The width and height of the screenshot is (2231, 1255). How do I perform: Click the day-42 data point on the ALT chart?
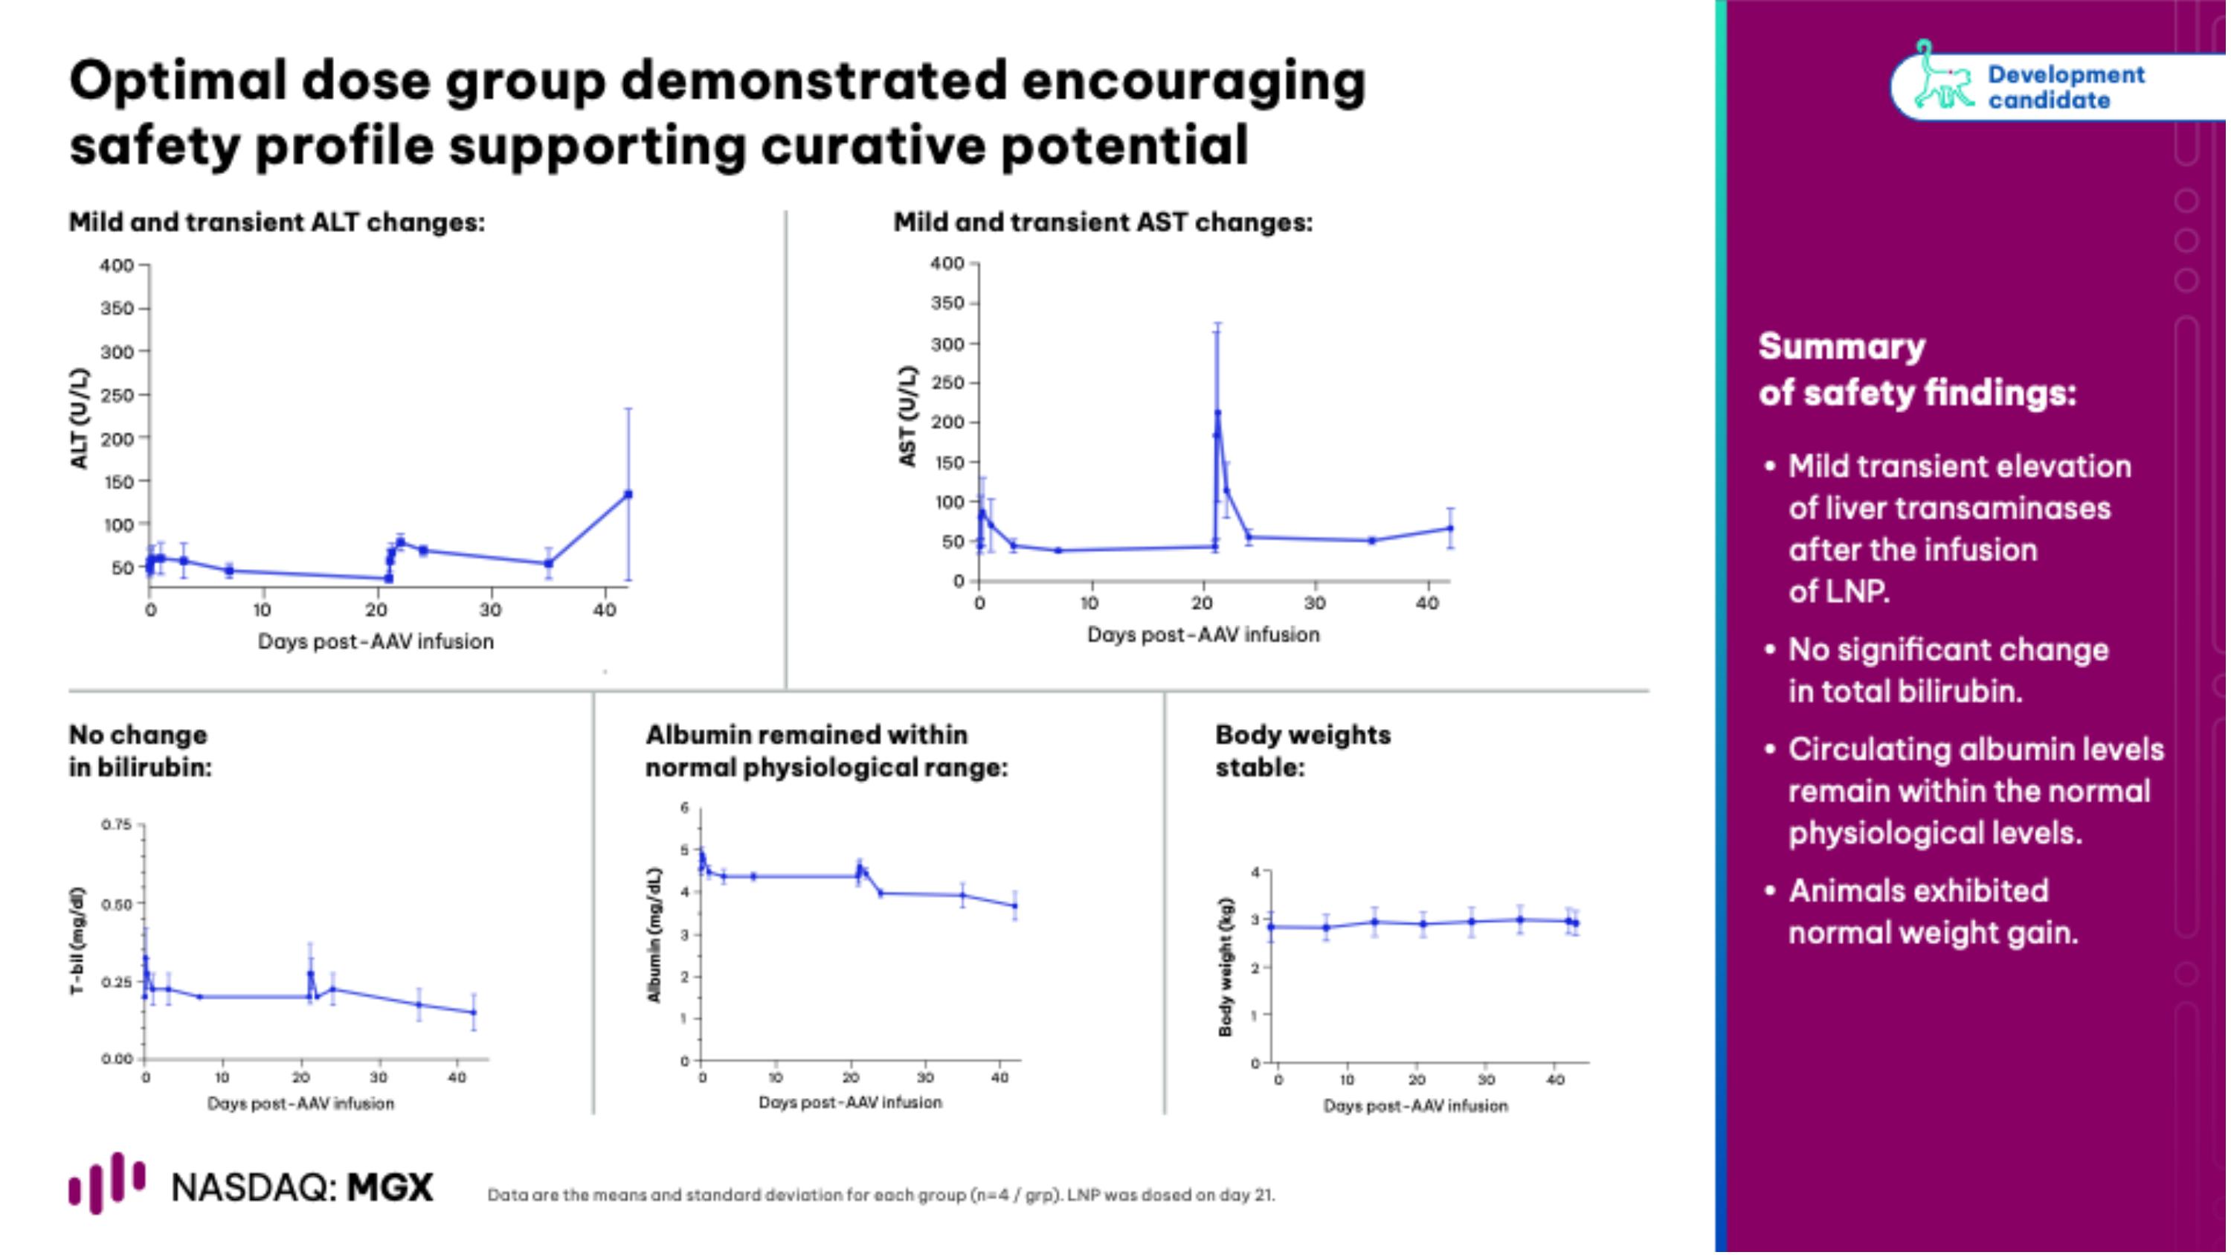628,495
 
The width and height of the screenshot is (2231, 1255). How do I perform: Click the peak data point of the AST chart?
1217,413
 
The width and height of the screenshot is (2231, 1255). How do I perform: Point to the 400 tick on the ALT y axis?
117,265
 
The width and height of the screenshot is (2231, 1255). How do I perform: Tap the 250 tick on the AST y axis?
947,383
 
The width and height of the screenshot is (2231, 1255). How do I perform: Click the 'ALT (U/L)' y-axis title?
80,418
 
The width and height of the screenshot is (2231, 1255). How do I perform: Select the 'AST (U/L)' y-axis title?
907,416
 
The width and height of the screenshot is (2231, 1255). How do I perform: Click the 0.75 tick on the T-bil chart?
116,824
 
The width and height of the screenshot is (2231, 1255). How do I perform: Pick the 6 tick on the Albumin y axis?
684,808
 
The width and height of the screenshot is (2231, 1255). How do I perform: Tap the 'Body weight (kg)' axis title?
1226,966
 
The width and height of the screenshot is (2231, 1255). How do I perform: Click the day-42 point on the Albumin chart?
1015,906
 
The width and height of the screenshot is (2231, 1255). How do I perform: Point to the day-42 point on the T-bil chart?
474,1012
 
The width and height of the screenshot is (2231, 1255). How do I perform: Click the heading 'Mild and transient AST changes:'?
1103,222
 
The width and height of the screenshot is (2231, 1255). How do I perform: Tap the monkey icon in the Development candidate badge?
1940,78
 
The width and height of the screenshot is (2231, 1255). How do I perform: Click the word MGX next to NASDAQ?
390,1187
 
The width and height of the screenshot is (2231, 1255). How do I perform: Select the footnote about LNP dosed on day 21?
881,1195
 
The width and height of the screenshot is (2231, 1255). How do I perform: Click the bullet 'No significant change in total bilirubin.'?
1948,670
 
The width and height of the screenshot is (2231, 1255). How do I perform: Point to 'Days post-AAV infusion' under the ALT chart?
376,642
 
